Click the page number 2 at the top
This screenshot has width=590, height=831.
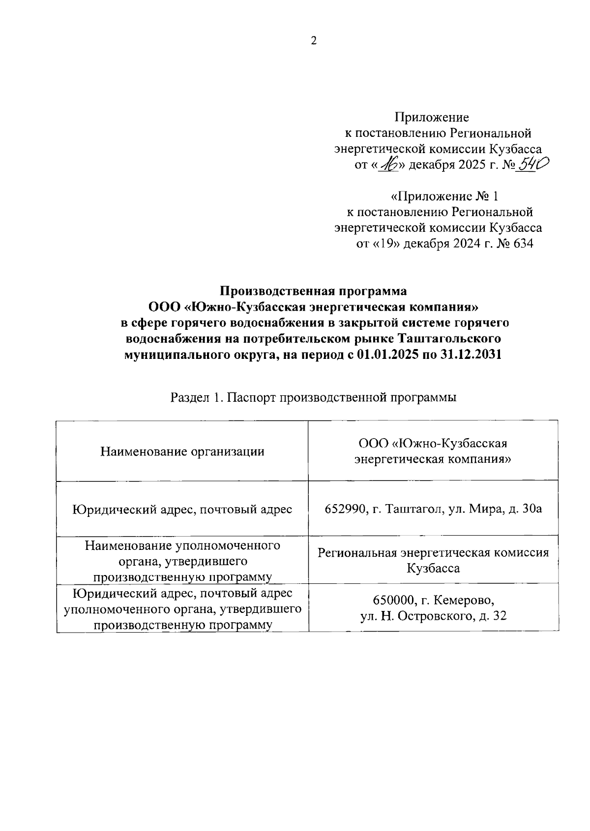pos(314,41)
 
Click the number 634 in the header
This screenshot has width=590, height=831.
pos(523,244)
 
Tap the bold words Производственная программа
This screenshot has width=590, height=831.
pos(313,291)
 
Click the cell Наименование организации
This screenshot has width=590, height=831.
pos(182,451)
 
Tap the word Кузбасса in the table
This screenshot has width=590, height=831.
pos(433,568)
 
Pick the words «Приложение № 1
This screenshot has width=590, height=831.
pos(444,197)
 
